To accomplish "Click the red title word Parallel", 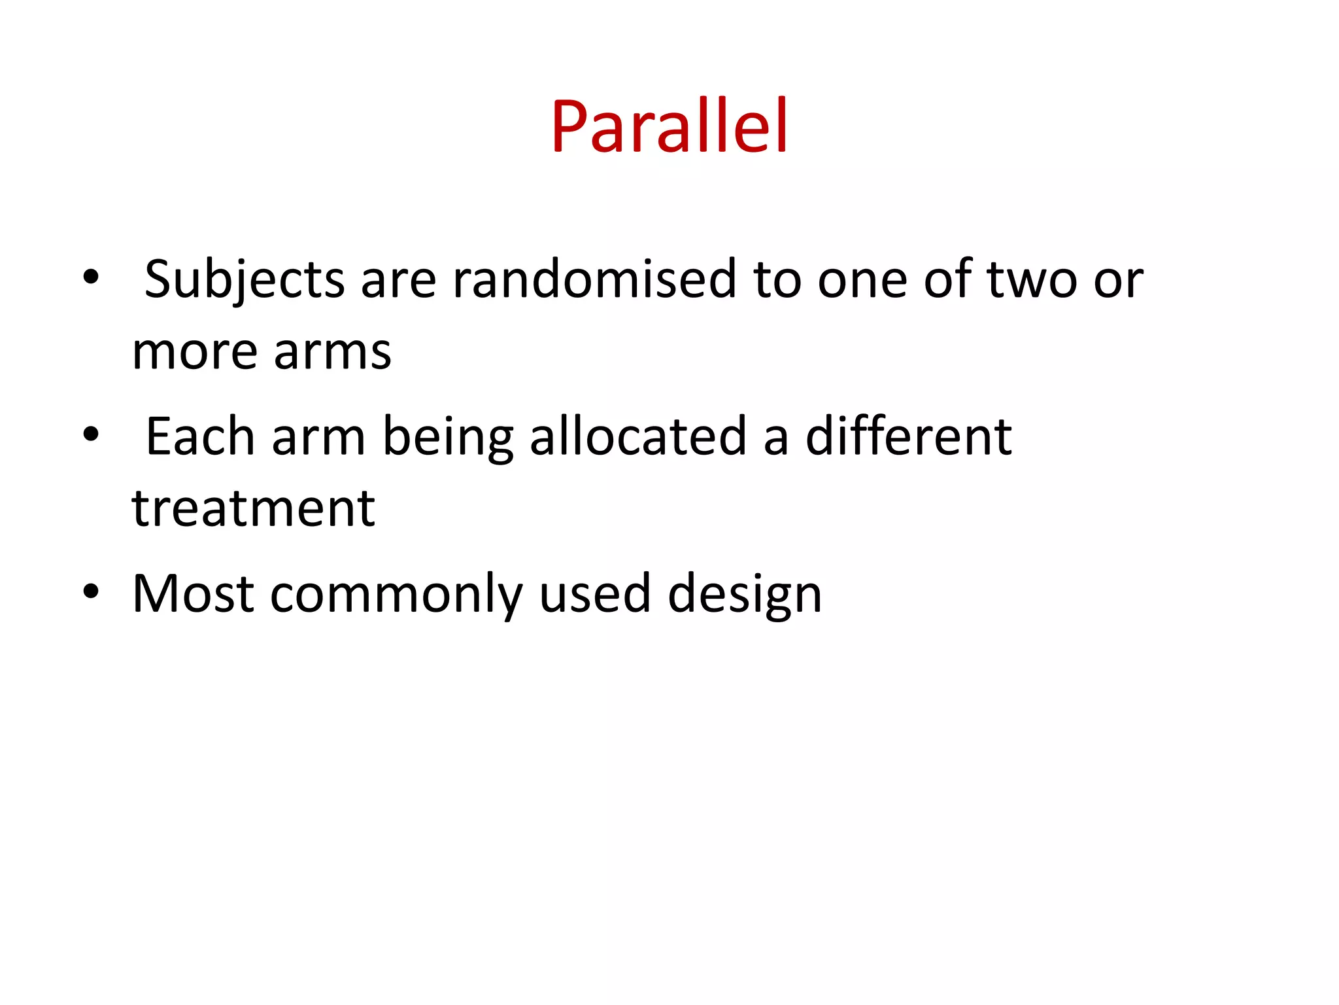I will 669,126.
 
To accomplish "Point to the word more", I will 194,352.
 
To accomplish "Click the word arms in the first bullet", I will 332,352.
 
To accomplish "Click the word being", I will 448,437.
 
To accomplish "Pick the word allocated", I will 638,437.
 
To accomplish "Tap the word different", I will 908,437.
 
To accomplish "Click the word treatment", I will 254,508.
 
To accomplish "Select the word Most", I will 193,594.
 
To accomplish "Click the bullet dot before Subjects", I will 91,277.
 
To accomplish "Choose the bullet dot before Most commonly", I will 91,591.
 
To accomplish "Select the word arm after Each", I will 318,437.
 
